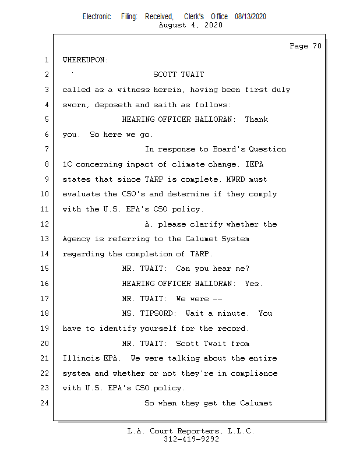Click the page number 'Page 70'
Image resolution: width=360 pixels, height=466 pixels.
click(305, 46)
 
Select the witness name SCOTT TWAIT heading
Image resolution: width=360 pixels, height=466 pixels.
click(178, 75)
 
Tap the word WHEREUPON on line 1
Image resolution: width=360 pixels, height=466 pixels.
click(85, 60)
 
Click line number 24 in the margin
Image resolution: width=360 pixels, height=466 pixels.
click(45, 403)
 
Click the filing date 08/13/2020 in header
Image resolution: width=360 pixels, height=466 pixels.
click(250, 17)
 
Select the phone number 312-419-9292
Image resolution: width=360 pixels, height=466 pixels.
click(191, 439)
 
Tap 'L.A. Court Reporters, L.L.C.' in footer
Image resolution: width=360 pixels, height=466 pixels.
click(191, 431)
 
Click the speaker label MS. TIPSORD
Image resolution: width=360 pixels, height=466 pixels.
click(146, 313)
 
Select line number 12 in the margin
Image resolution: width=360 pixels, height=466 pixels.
click(45, 224)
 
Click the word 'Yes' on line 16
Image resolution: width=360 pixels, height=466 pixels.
click(253, 284)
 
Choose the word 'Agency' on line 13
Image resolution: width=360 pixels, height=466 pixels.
click(76, 239)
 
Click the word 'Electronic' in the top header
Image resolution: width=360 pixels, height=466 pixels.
click(97, 17)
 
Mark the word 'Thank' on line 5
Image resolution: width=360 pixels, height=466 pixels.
click(256, 119)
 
